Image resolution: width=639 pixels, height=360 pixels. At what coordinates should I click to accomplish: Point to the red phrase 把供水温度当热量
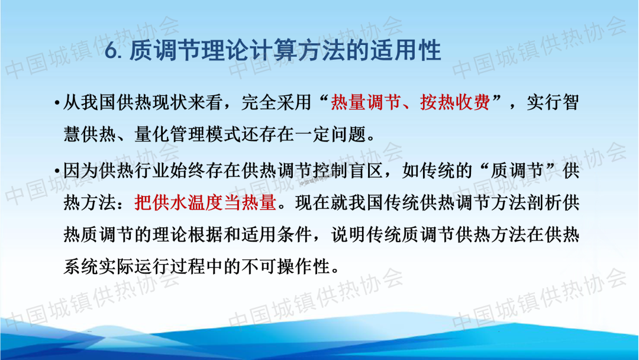point(205,202)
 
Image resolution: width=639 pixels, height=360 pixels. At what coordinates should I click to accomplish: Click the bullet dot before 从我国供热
point(57,103)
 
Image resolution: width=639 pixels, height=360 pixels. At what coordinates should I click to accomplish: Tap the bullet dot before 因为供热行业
point(57,171)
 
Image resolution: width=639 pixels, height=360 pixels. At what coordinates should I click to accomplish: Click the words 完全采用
point(277,102)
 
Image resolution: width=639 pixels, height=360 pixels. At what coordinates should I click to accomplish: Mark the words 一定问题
point(331,134)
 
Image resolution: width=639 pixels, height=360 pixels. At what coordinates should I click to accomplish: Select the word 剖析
point(544,202)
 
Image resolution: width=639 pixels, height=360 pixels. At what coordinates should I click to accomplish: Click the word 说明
point(348,235)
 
